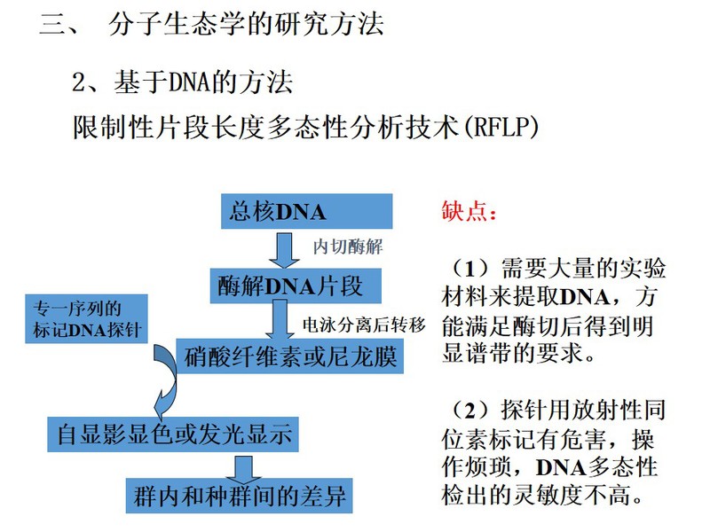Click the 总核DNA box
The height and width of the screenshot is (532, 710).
306,211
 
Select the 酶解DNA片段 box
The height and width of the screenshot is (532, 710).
296,286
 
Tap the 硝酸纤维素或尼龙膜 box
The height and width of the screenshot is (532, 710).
290,356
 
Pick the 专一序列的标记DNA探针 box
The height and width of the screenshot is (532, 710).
86,319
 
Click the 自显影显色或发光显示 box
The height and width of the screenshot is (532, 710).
173,434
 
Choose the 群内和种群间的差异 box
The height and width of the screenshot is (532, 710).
239,496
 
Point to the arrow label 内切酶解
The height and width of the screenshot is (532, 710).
348,247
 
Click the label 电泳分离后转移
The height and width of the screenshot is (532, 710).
364,325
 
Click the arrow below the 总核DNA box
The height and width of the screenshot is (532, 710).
284,251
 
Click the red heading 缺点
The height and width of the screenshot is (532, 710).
469,211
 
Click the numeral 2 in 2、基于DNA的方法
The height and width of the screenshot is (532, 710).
79,82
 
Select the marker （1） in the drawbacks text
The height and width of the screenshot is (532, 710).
470,269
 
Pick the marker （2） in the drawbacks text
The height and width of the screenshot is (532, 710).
470,411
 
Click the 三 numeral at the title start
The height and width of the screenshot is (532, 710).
53,24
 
